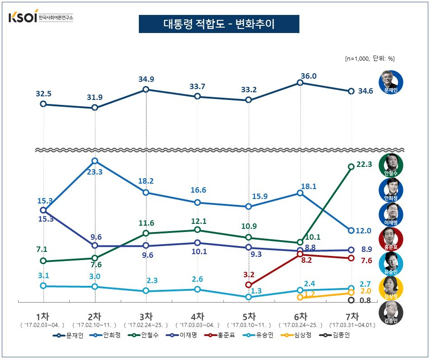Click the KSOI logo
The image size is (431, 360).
[41, 18]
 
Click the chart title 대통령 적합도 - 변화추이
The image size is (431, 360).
[218, 24]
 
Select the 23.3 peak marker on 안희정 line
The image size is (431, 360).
[95, 161]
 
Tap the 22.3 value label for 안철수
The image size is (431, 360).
[364, 165]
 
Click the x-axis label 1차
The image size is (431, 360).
[43, 317]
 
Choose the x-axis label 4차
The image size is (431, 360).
[198, 317]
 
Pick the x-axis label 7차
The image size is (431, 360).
[352, 317]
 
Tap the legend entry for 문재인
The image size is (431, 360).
[67, 336]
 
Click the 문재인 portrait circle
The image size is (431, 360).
[391, 82]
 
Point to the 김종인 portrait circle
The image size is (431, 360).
[391, 312]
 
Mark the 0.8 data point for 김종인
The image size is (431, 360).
[351, 300]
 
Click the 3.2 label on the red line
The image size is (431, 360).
[250, 274]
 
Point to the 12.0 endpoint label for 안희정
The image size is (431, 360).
[363, 231]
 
